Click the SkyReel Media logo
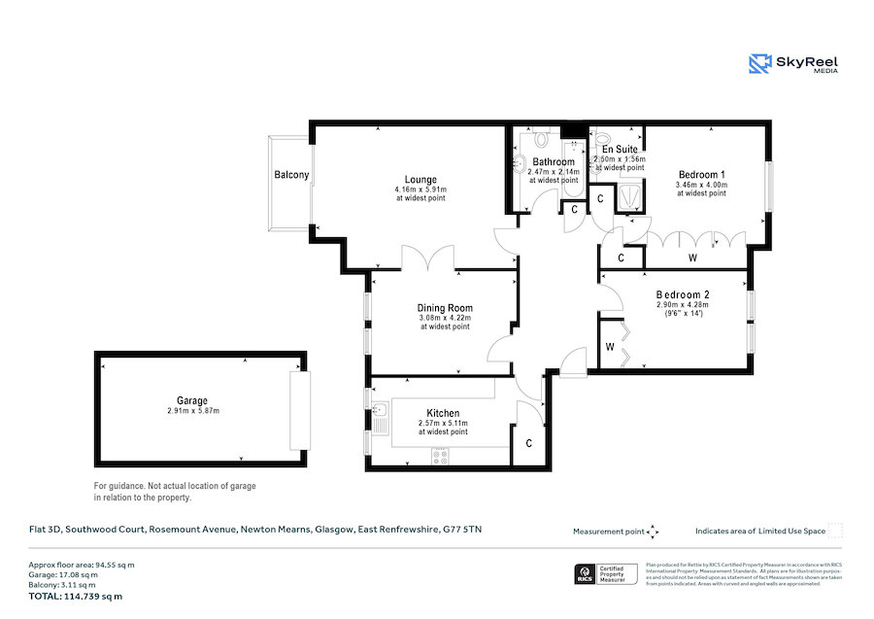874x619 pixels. [793, 64]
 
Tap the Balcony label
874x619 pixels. [291, 176]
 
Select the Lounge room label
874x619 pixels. [420, 180]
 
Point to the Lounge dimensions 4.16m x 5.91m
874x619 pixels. [420, 189]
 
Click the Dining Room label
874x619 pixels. [445, 308]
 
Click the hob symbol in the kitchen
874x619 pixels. [441, 455]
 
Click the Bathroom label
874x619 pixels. [553, 162]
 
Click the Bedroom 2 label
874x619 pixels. [683, 294]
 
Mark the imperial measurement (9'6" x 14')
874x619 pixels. [683, 313]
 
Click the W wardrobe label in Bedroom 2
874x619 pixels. [610, 347]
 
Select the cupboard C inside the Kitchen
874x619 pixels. [528, 443]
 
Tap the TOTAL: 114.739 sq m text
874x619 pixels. [78, 596]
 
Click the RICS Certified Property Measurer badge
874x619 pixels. [606, 574]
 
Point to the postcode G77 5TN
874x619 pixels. [462, 530]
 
